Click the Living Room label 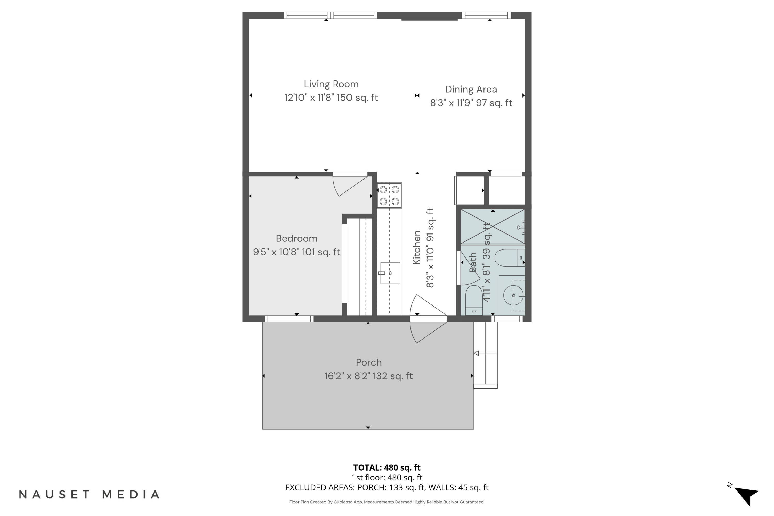pyautogui.click(x=331, y=84)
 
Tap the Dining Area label pyautogui.click(x=471, y=90)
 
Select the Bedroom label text pyautogui.click(x=296, y=239)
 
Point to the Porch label pyautogui.click(x=369, y=363)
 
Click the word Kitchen pyautogui.click(x=417, y=247)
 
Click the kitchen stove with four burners pyautogui.click(x=389, y=196)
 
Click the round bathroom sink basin pyautogui.click(x=513, y=295)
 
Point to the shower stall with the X pyautogui.click(x=492, y=227)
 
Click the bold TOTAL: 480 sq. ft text pyautogui.click(x=387, y=467)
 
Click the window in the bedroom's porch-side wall pyautogui.click(x=289, y=319)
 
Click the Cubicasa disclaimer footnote pyautogui.click(x=387, y=502)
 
